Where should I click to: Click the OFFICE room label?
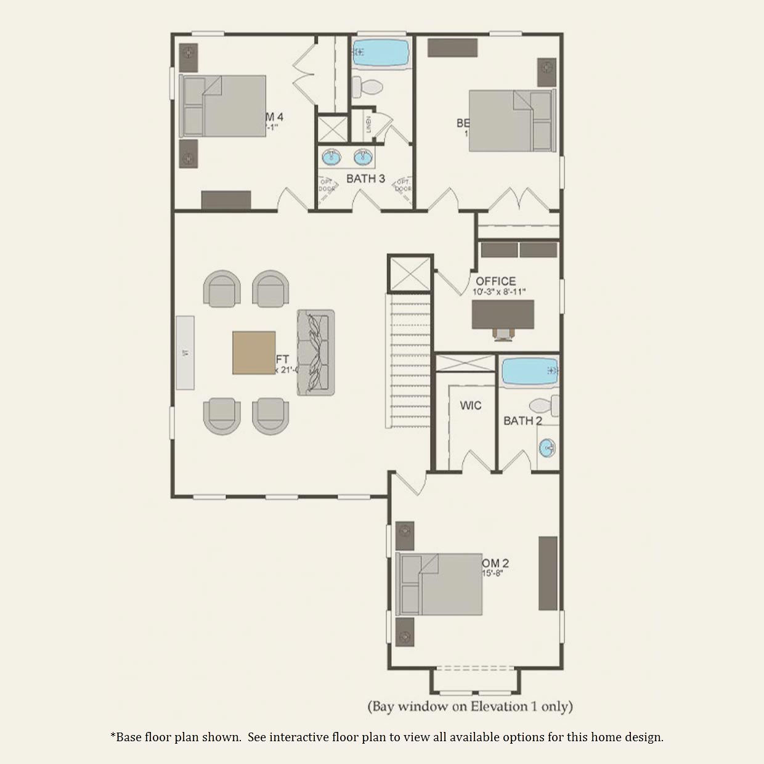point(495,281)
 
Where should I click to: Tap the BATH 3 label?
point(365,179)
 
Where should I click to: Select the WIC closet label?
point(470,405)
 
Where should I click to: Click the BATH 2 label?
point(522,421)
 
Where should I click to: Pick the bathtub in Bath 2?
point(530,372)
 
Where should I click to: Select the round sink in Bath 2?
point(547,448)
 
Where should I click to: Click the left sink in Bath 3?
point(331,157)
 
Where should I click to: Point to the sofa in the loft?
point(315,352)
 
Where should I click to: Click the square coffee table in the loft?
point(254,352)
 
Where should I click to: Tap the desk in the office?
point(503,315)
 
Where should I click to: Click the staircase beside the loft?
point(408,360)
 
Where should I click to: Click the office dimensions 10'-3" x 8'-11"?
point(499,292)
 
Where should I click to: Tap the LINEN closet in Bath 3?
point(368,124)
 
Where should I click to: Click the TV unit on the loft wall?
point(185,352)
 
